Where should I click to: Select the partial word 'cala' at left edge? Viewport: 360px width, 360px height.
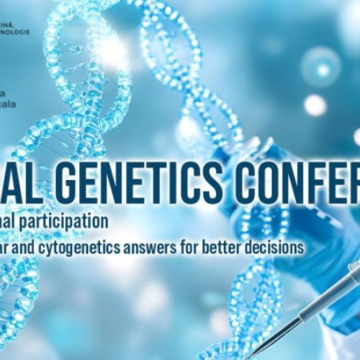[6, 104]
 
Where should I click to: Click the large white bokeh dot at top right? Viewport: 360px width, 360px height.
[315, 105]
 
